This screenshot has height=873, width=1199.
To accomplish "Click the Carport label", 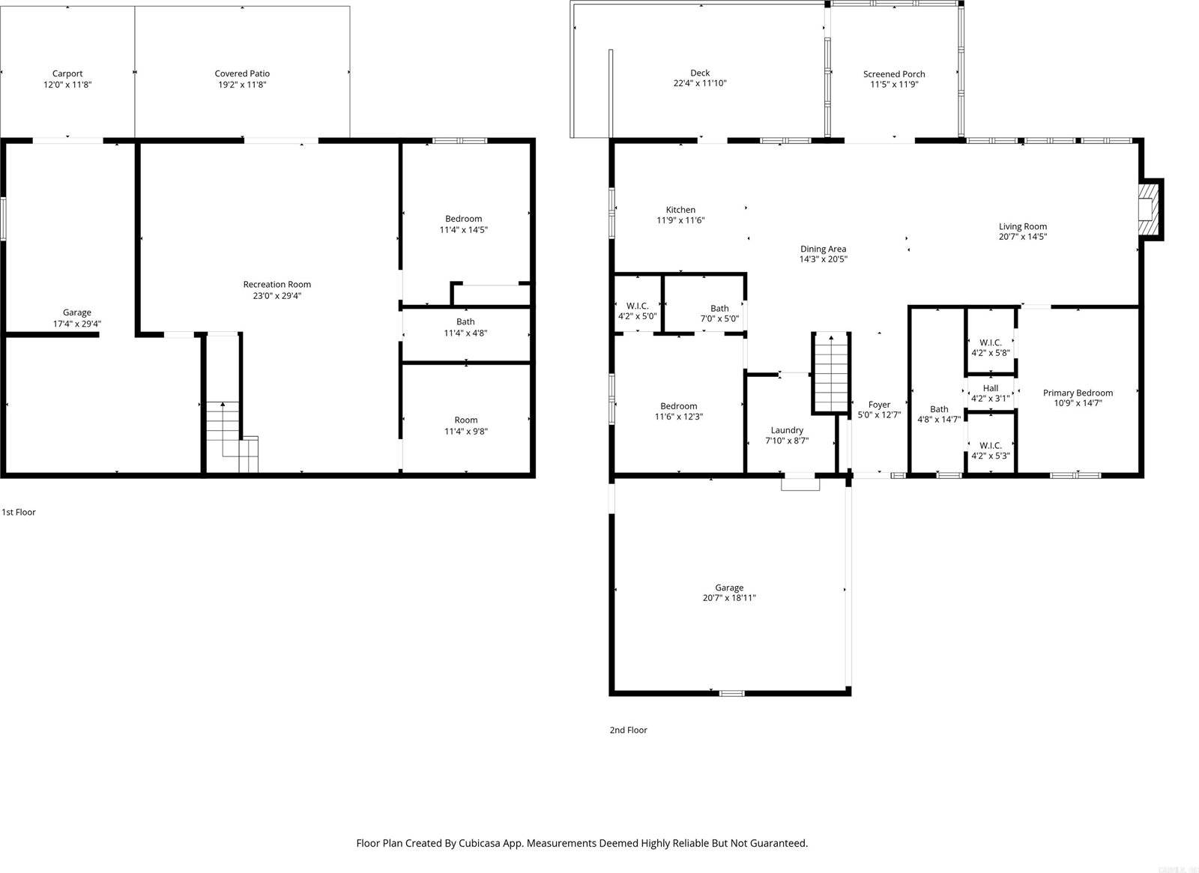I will point(67,73).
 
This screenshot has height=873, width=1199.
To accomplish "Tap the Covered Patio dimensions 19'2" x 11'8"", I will point(242,85).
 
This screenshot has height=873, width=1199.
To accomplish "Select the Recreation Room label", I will point(277,284).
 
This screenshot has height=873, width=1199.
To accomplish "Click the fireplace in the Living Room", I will point(1147,209).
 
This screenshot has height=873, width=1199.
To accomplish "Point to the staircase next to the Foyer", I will point(831,373).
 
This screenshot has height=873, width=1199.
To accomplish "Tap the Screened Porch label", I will point(893,74).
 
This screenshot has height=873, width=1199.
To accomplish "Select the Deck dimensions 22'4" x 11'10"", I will point(699,83).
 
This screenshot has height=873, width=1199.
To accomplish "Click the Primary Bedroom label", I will point(1078,393).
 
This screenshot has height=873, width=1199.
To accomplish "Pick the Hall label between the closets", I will point(990,388).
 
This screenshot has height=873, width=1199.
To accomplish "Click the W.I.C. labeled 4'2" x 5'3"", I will point(990,450).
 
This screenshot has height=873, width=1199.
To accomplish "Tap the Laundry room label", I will point(787,430).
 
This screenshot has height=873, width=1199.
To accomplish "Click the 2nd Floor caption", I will point(628,730).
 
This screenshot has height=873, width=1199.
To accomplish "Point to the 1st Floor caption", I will point(19,513).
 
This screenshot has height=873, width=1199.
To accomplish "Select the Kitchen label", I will point(680,210).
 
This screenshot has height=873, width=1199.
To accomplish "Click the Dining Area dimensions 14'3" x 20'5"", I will point(823,259).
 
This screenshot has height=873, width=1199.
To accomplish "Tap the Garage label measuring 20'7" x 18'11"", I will point(728,587).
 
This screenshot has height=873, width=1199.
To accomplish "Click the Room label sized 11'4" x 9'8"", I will point(465,420).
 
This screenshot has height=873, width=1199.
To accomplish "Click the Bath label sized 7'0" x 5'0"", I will point(719,308).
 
